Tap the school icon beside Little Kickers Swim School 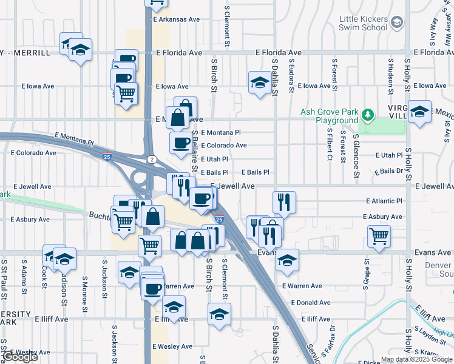coord(397,23)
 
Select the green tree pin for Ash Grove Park coord(367,114)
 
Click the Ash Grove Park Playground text coord(328,116)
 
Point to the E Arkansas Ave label coord(176,19)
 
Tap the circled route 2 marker coord(152,158)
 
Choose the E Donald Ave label coord(311,302)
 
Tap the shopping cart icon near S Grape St coord(379,235)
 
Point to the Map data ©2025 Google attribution coord(416,359)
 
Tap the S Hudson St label coord(390,76)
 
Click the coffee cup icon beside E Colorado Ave coord(181,143)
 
